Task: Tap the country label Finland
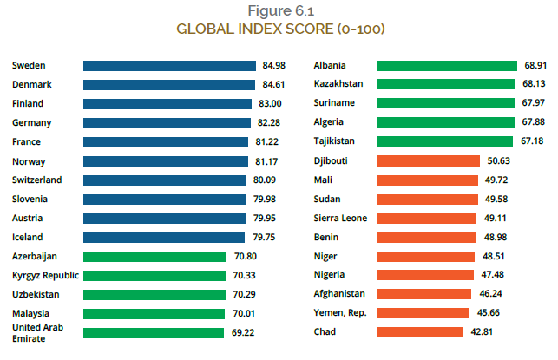(x=29, y=104)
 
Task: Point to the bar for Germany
(x=165, y=123)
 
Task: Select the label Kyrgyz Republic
(x=46, y=276)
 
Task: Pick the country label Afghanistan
(x=340, y=294)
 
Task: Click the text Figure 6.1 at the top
(x=281, y=11)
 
